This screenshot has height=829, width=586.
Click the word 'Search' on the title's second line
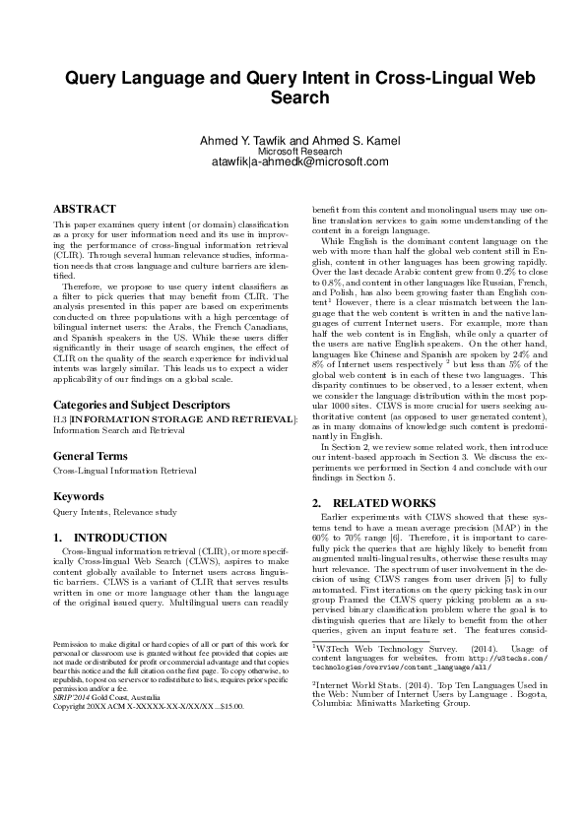pos(293,98)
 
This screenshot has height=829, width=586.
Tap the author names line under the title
pos(293,140)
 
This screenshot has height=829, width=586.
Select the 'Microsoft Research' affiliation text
pos(293,152)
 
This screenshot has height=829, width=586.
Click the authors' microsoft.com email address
pos(293,162)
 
